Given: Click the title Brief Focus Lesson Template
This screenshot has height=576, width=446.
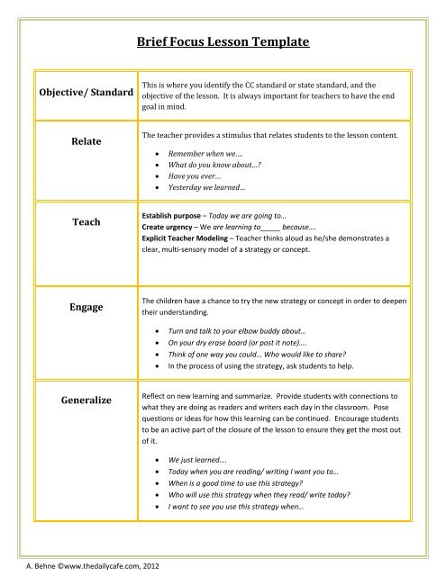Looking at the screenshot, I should coord(222,42).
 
